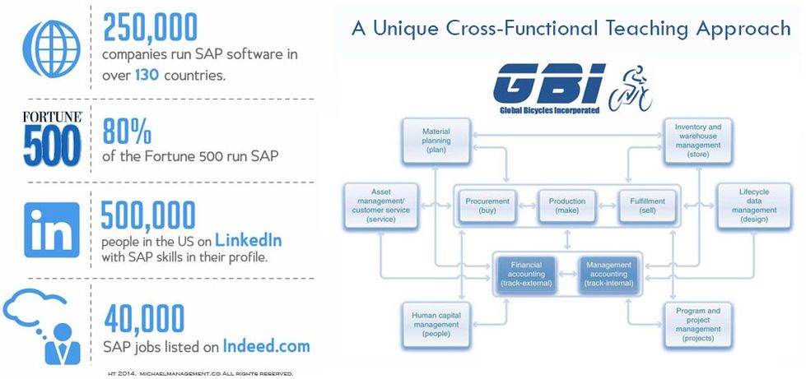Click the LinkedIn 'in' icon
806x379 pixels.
[x=50, y=229]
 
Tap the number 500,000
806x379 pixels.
[x=148, y=215]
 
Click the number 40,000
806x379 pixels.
[x=143, y=320]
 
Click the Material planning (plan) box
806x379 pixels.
[x=436, y=141]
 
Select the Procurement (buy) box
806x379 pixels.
[x=488, y=206]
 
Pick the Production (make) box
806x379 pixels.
[x=567, y=206]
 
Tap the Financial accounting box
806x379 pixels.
[x=525, y=274]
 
